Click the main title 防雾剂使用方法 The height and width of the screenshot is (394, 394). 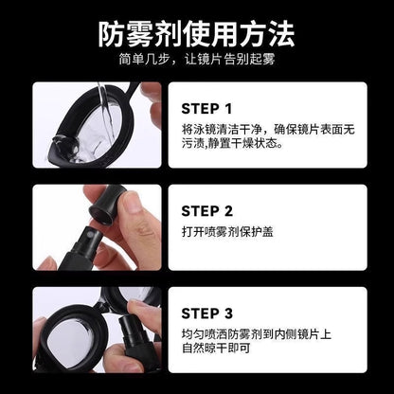(x=196, y=34)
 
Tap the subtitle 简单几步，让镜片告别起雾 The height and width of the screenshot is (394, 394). (x=197, y=59)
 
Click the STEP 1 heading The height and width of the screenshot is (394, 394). (x=206, y=109)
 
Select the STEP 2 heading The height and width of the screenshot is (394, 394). (x=207, y=211)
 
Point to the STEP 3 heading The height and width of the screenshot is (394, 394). (x=207, y=313)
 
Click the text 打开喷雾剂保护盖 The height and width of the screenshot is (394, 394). (x=227, y=232)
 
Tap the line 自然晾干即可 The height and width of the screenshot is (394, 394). (x=216, y=348)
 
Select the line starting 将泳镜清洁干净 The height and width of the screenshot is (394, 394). (x=268, y=130)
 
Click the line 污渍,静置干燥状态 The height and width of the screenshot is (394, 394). (x=232, y=143)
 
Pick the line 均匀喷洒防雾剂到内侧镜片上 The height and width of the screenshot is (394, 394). (x=257, y=334)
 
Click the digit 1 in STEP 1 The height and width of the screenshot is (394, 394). (x=228, y=109)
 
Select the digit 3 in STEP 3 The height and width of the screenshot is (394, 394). (x=228, y=313)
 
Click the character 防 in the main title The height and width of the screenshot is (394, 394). (x=111, y=34)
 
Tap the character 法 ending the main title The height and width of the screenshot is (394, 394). (x=281, y=34)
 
